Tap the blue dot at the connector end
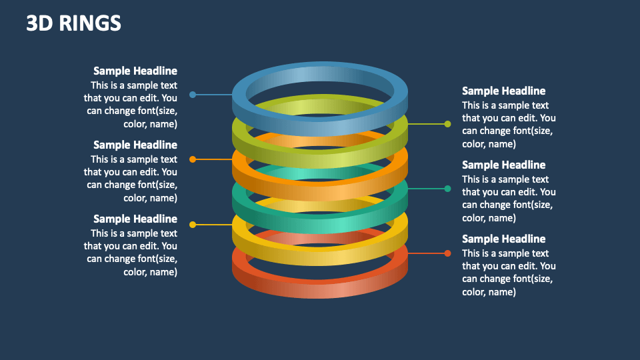click(193, 95)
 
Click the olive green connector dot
click(447, 124)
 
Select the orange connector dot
click(193, 159)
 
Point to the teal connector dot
click(447, 189)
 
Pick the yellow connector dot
click(193, 225)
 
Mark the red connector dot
click(447, 253)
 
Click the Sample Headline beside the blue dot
click(135, 71)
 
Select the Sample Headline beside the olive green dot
click(503, 91)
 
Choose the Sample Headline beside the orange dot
click(135, 145)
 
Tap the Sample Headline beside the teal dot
click(503, 165)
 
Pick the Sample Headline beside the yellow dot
click(135, 219)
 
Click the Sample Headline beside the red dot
click(503, 239)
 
